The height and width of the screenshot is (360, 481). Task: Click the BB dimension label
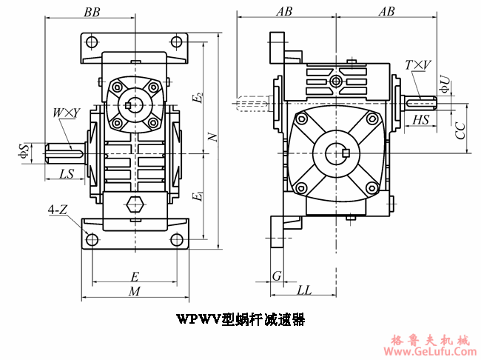[92, 13]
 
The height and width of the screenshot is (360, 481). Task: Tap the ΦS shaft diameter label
[24, 151]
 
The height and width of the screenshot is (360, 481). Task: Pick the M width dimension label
[135, 292]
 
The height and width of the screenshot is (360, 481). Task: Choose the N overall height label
[212, 137]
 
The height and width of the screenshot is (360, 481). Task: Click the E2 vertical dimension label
[196, 99]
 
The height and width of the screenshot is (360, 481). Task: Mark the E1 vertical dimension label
[196, 197]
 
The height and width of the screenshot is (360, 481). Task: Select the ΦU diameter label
[444, 84]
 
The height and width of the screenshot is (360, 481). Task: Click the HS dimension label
[421, 119]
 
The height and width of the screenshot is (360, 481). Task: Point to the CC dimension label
[460, 130]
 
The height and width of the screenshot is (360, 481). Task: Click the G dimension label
[276, 276]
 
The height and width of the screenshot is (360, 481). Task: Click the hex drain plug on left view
[135, 206]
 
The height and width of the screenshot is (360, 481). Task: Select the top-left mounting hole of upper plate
[91, 42]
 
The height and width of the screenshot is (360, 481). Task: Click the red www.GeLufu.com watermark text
[429, 351]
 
